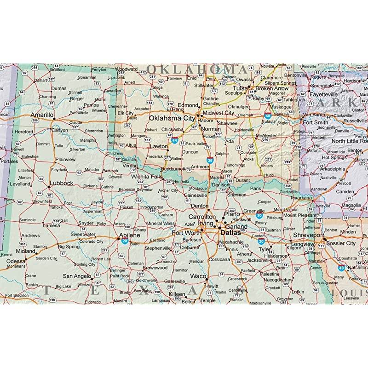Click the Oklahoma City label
pos(171,118)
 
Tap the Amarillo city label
pos(42,114)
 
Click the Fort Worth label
pos(186,233)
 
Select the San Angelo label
pos(77,276)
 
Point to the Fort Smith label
pos(315,122)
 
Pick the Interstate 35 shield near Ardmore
pos(210,161)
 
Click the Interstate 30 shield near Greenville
pos(259,215)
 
